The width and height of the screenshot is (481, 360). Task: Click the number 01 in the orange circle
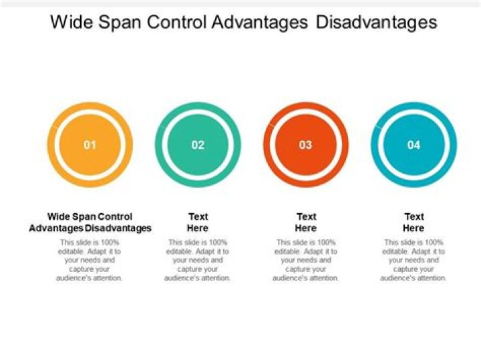tap(90, 145)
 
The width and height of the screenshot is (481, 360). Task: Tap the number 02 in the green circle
tap(198, 145)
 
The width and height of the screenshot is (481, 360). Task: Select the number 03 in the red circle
tap(306, 145)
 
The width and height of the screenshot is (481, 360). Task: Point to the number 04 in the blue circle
tap(414, 145)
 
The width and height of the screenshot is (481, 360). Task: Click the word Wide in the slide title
tap(71, 22)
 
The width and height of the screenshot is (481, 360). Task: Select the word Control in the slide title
tap(176, 22)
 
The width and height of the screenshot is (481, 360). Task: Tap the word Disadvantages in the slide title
tap(376, 23)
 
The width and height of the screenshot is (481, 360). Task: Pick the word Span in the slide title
tap(120, 23)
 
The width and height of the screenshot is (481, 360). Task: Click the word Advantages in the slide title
tap(259, 23)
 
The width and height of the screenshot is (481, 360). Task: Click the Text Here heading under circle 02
tap(198, 222)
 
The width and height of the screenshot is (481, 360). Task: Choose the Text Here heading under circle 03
tap(306, 222)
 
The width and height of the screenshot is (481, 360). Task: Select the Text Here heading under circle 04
tap(414, 222)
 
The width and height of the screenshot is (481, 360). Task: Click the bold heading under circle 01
tap(90, 222)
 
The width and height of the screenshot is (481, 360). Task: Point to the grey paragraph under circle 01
tap(90, 260)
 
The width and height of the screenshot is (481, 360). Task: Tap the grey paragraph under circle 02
tap(197, 260)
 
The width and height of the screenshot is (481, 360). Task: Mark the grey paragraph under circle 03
tap(305, 260)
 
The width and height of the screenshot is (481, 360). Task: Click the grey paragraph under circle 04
tap(414, 260)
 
